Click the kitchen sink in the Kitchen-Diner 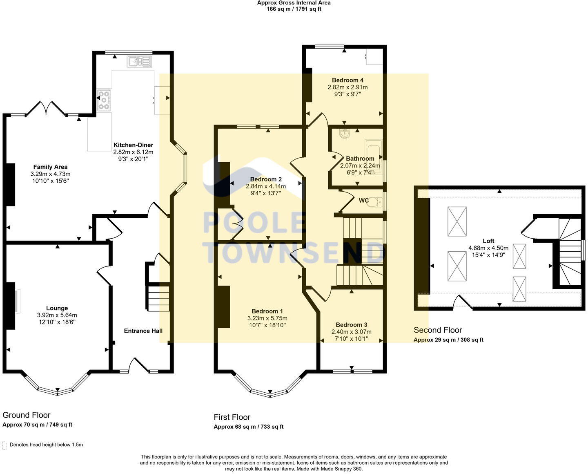click(139, 62)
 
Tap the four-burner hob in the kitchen click(104, 101)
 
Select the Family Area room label click(50, 167)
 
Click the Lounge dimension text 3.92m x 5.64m click(57, 315)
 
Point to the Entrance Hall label click(143, 331)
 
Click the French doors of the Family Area click(46, 108)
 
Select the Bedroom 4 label click(347, 80)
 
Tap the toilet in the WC click(375, 202)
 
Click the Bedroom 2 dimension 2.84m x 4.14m click(266, 186)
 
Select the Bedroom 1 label click(267, 311)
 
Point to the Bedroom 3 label click(352, 325)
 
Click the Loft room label click(488, 241)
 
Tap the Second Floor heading click(438, 330)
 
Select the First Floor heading click(232, 417)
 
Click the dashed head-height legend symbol click(4, 445)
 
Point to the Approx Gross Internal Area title click(294, 3)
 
